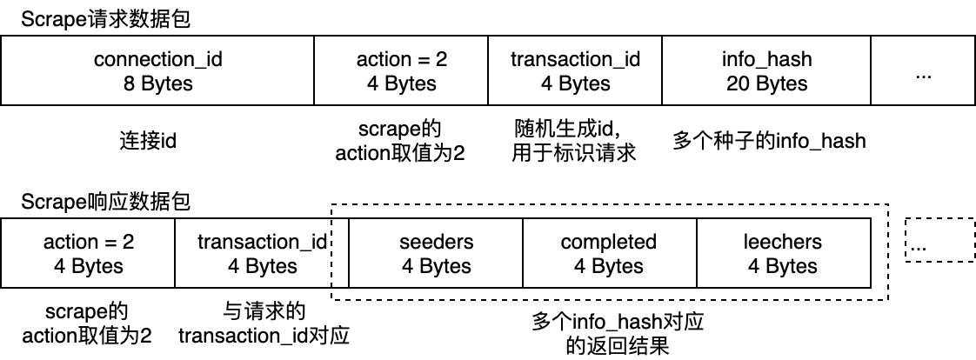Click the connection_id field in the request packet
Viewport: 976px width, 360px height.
click(x=157, y=72)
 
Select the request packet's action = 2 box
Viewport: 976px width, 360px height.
click(x=401, y=72)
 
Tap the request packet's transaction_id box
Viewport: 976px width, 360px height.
click(x=575, y=72)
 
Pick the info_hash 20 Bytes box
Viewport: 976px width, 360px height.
click(x=766, y=72)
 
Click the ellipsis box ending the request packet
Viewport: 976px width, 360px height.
click(x=923, y=72)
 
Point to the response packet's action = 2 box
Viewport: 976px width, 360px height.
click(x=88, y=253)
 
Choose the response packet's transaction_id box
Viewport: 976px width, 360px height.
click(x=262, y=253)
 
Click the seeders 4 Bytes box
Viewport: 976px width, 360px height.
click(x=436, y=253)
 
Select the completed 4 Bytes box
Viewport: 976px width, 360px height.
click(x=609, y=253)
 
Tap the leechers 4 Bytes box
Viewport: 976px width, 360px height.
click(x=783, y=253)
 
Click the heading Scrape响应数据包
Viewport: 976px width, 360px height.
click(x=105, y=203)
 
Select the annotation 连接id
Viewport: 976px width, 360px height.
click(x=147, y=139)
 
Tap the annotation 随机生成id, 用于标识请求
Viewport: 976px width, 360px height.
click(x=575, y=141)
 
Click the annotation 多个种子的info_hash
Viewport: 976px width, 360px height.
click(x=769, y=139)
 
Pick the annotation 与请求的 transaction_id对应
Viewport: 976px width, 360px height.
click(x=264, y=323)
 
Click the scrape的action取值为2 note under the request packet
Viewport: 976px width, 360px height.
click(x=401, y=141)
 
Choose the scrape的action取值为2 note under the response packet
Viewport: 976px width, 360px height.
click(x=87, y=323)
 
